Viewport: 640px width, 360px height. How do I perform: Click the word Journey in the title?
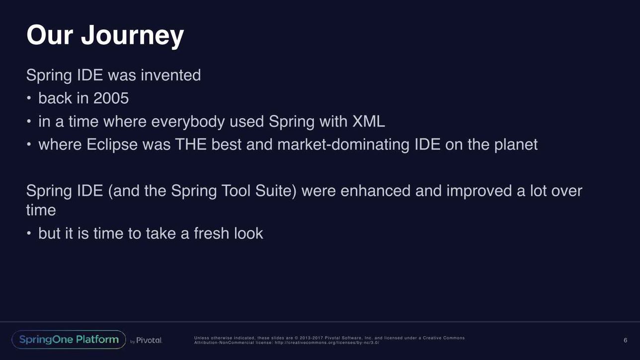click(132, 35)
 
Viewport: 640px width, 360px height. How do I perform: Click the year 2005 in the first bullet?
click(111, 98)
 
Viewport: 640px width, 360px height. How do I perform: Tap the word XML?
click(369, 121)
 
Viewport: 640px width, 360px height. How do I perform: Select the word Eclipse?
click(112, 144)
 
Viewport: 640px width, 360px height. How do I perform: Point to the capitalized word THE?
click(191, 144)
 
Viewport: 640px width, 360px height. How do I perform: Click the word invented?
click(170, 75)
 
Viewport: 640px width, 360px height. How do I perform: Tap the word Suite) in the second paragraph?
click(276, 191)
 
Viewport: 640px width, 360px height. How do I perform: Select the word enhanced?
click(376, 191)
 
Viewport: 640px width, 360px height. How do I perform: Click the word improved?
click(479, 191)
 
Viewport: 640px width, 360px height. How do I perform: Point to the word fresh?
click(212, 233)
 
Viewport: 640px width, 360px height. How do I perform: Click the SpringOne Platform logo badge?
click(69, 340)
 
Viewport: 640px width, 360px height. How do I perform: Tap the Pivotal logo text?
click(149, 340)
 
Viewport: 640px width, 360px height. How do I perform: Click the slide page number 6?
click(626, 340)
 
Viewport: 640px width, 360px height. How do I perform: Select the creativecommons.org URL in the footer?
click(327, 343)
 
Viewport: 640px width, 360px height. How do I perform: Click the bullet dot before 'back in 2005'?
click(29, 98)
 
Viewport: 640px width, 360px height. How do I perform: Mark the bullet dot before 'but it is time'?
click(29, 233)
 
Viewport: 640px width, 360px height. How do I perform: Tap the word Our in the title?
click(50, 35)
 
